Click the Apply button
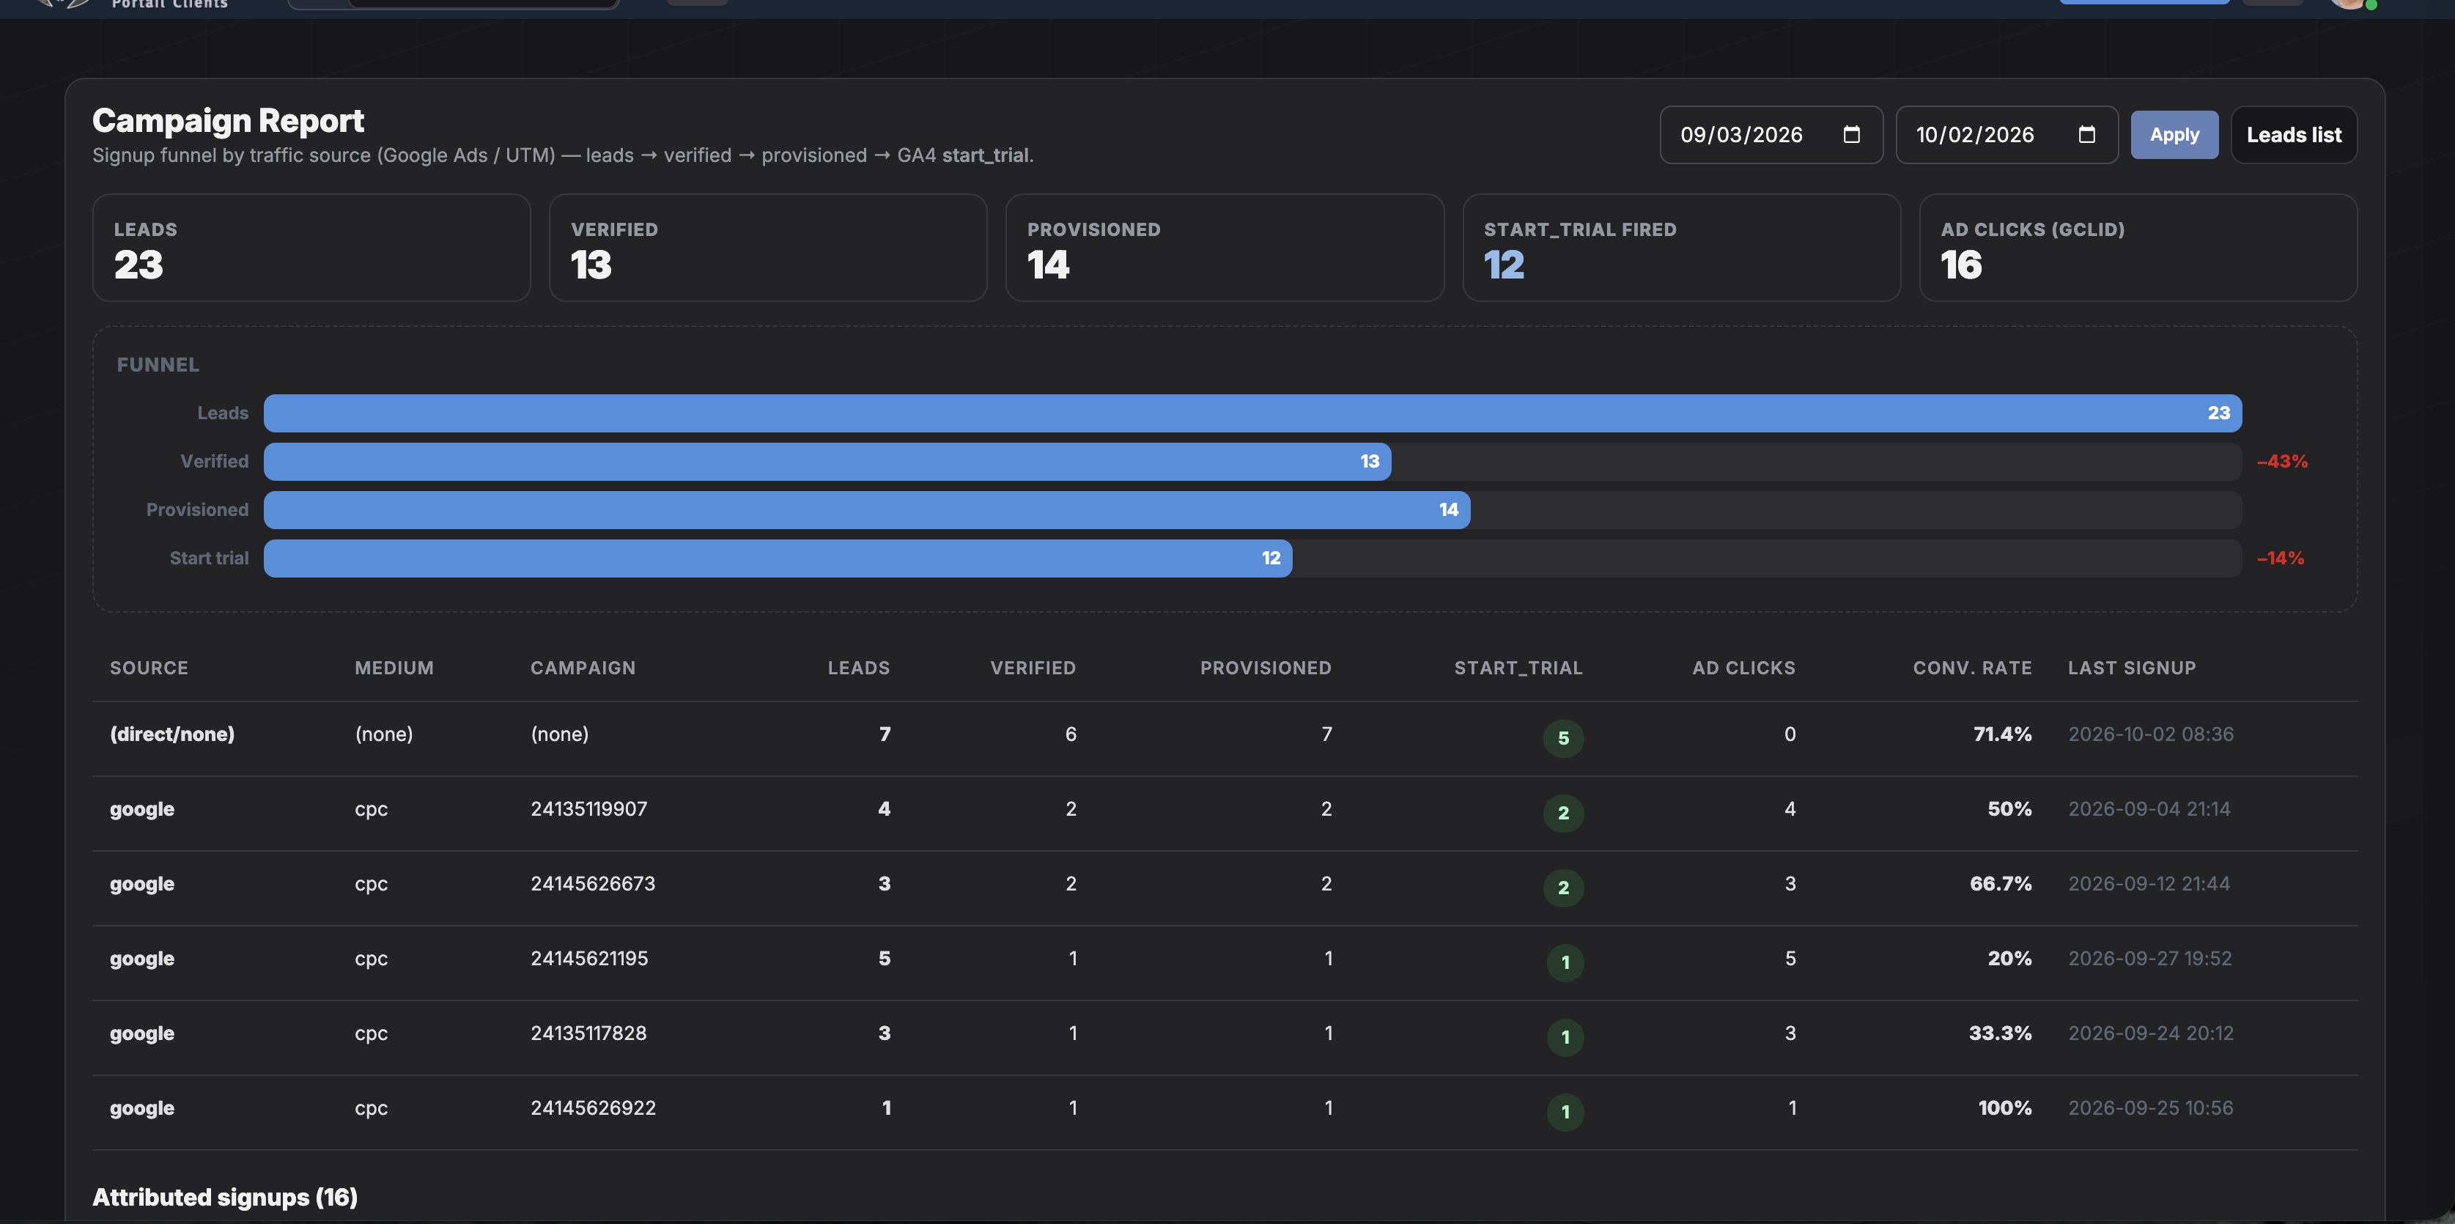[x=2174, y=134]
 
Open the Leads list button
[x=2294, y=134]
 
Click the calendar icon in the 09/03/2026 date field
[x=1852, y=134]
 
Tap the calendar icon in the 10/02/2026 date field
[x=2087, y=134]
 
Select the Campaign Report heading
[x=228, y=121]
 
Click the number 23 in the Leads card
[x=139, y=265]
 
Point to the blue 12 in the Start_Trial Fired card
[x=1504, y=265]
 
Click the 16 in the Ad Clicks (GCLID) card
[x=1961, y=265]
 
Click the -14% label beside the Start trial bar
[x=2281, y=558]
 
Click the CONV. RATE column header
[x=1972, y=668]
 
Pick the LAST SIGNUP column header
[x=2132, y=668]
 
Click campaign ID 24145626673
[x=593, y=884]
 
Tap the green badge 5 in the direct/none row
[x=1564, y=738]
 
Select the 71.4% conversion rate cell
[x=2002, y=734]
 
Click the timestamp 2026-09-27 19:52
[x=2150, y=958]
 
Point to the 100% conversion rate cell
[x=2005, y=1107]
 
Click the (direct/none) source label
[x=172, y=734]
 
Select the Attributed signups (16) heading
[x=225, y=1198]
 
